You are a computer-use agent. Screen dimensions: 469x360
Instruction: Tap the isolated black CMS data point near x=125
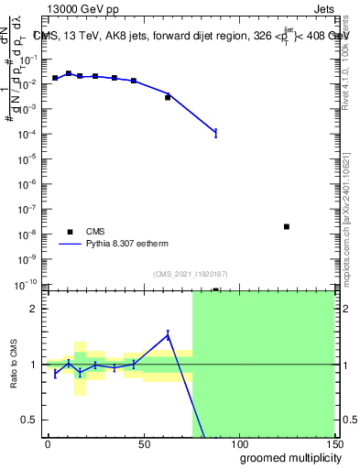point(287,226)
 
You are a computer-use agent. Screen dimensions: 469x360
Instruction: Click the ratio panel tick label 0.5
point(27,420)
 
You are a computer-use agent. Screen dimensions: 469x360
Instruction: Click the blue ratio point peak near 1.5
point(168,335)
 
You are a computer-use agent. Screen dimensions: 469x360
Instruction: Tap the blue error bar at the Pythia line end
point(215,133)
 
